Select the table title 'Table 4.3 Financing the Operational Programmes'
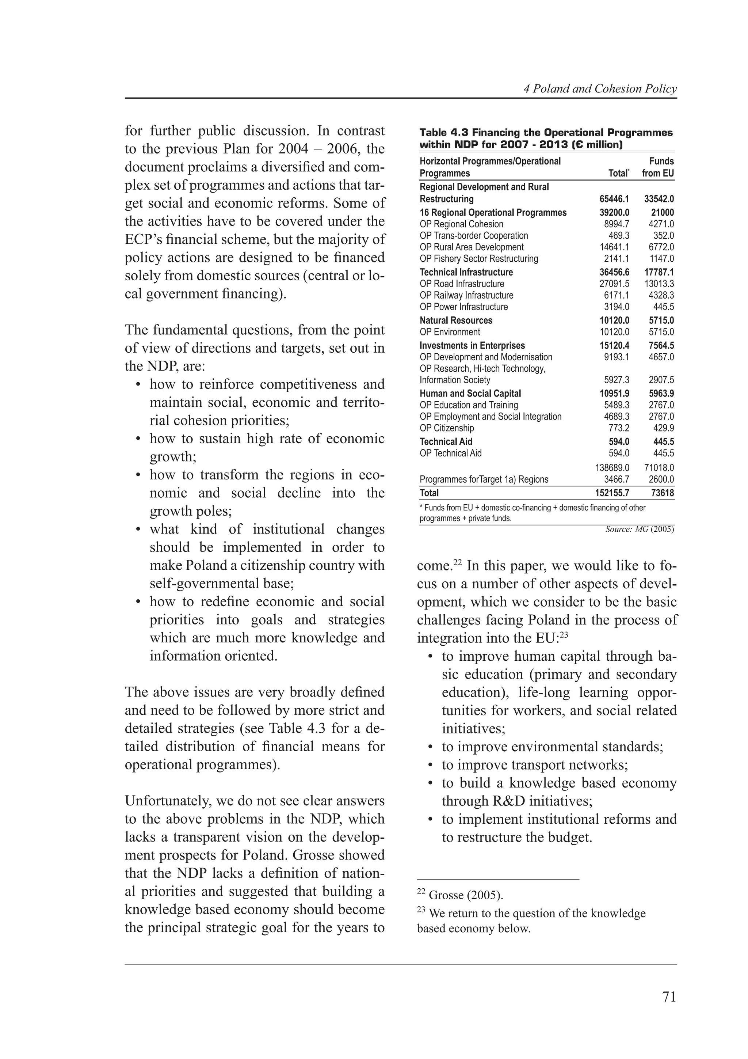(546, 133)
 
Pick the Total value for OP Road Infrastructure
(614, 284)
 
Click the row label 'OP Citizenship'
(447, 428)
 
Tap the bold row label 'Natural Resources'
(456, 320)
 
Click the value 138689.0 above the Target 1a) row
(612, 468)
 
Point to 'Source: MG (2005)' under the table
(639, 529)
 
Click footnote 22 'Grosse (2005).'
(460, 895)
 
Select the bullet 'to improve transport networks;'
(535, 765)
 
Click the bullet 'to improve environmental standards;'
(552, 747)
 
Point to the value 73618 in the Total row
(662, 493)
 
